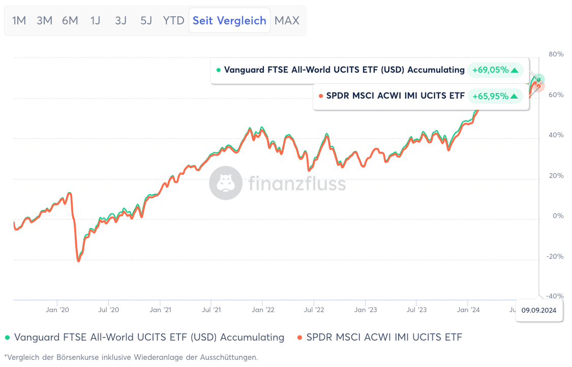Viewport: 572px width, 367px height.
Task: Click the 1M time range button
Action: tap(19, 21)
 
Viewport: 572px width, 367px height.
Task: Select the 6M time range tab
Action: tap(70, 21)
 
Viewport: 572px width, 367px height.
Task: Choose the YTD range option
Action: tap(173, 21)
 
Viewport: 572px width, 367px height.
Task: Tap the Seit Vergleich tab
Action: tap(229, 21)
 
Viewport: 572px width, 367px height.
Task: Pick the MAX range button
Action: tap(287, 21)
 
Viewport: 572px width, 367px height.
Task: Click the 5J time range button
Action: tap(146, 21)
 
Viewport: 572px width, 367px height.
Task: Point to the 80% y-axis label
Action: tap(556, 54)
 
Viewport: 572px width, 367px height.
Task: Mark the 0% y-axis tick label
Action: tap(558, 216)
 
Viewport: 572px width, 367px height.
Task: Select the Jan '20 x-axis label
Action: tap(57, 310)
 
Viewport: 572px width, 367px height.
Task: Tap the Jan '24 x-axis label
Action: tap(468, 310)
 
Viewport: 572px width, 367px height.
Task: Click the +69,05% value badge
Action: tap(495, 70)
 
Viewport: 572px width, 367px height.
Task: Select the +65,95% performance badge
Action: tap(495, 96)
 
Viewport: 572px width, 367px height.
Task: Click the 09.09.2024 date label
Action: tap(539, 310)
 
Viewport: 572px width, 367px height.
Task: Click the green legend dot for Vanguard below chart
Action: tap(8, 338)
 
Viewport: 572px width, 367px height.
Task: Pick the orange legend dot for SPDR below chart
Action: tap(300, 338)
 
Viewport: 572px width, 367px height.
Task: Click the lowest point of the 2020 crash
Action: tap(78, 261)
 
